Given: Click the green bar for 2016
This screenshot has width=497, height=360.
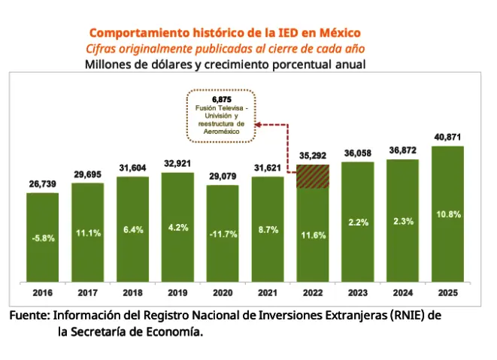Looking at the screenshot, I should (42, 237).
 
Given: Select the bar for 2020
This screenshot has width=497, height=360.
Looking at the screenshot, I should (223, 234).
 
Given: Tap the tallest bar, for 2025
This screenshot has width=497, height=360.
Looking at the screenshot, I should (448, 215).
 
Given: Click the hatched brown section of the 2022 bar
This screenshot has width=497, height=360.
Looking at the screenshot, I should (313, 177).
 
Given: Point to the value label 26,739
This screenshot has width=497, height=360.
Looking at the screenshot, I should (42, 183).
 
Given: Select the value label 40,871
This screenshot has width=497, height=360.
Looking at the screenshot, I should (448, 137).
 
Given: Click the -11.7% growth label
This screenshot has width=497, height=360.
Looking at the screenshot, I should (223, 234).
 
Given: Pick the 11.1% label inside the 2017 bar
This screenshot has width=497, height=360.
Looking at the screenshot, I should (87, 233).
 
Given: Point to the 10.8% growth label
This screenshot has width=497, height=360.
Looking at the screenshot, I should (448, 214).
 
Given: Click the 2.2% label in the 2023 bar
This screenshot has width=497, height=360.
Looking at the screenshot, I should (358, 222).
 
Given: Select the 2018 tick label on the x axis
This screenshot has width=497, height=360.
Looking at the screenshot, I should (132, 293).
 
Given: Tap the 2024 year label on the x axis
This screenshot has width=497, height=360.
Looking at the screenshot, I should (403, 293).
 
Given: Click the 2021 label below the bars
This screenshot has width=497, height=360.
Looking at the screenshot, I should (268, 293).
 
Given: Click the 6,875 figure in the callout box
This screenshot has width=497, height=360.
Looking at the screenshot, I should (221, 99).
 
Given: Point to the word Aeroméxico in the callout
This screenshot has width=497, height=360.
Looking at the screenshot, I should (221, 132).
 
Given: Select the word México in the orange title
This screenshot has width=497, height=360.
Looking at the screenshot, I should (338, 33).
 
